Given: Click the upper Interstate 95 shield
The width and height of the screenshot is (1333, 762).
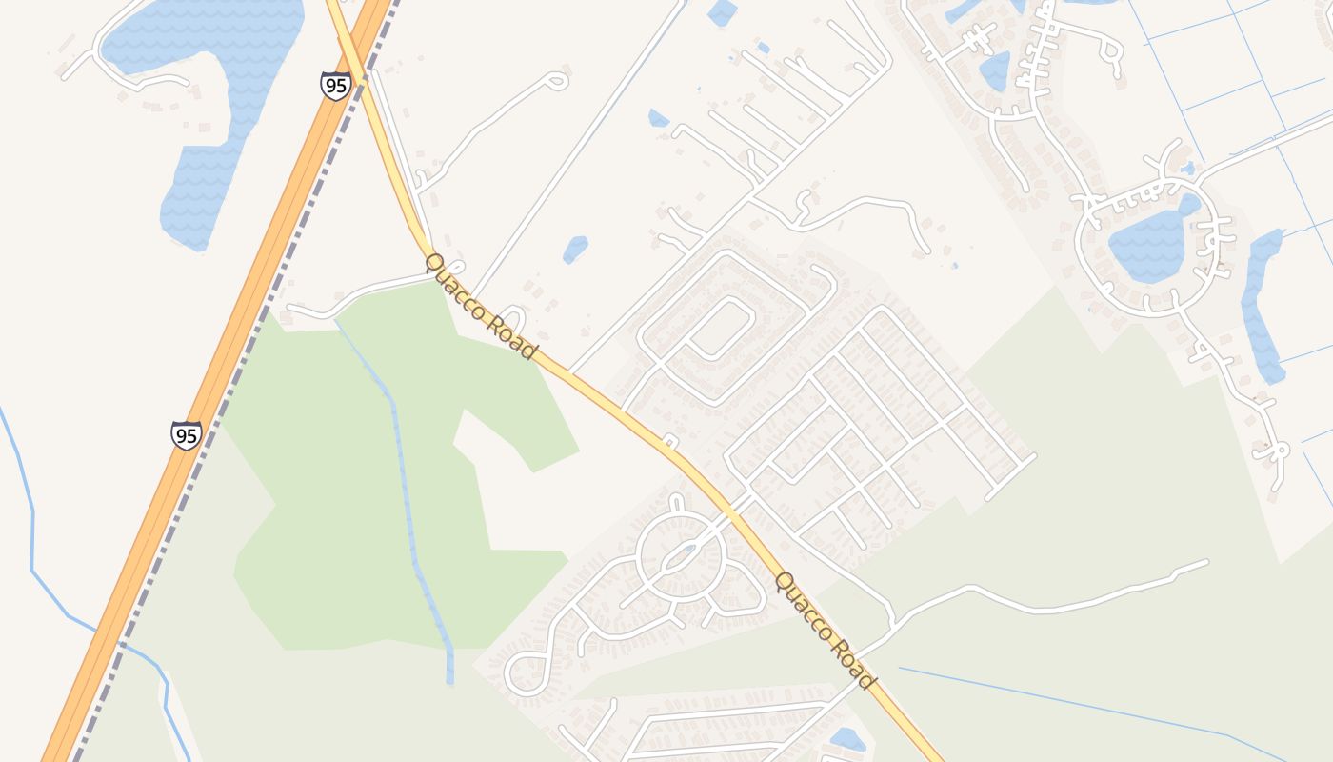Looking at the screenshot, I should [x=335, y=85].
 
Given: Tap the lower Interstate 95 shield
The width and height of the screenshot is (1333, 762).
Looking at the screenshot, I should [x=187, y=435].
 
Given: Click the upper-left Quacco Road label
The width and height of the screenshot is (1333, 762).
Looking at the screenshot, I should [x=481, y=306].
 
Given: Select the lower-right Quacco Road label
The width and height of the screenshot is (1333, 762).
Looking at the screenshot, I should [x=825, y=630].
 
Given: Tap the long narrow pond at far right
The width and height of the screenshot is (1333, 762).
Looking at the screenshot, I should [x=1262, y=305].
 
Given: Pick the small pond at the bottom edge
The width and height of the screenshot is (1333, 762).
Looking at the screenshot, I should [x=846, y=739].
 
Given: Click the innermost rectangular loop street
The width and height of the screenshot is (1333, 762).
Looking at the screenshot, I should [x=721, y=329].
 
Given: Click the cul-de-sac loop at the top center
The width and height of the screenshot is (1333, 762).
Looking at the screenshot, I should [x=557, y=81].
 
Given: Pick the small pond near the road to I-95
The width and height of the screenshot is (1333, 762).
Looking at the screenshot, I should [x=575, y=250].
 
